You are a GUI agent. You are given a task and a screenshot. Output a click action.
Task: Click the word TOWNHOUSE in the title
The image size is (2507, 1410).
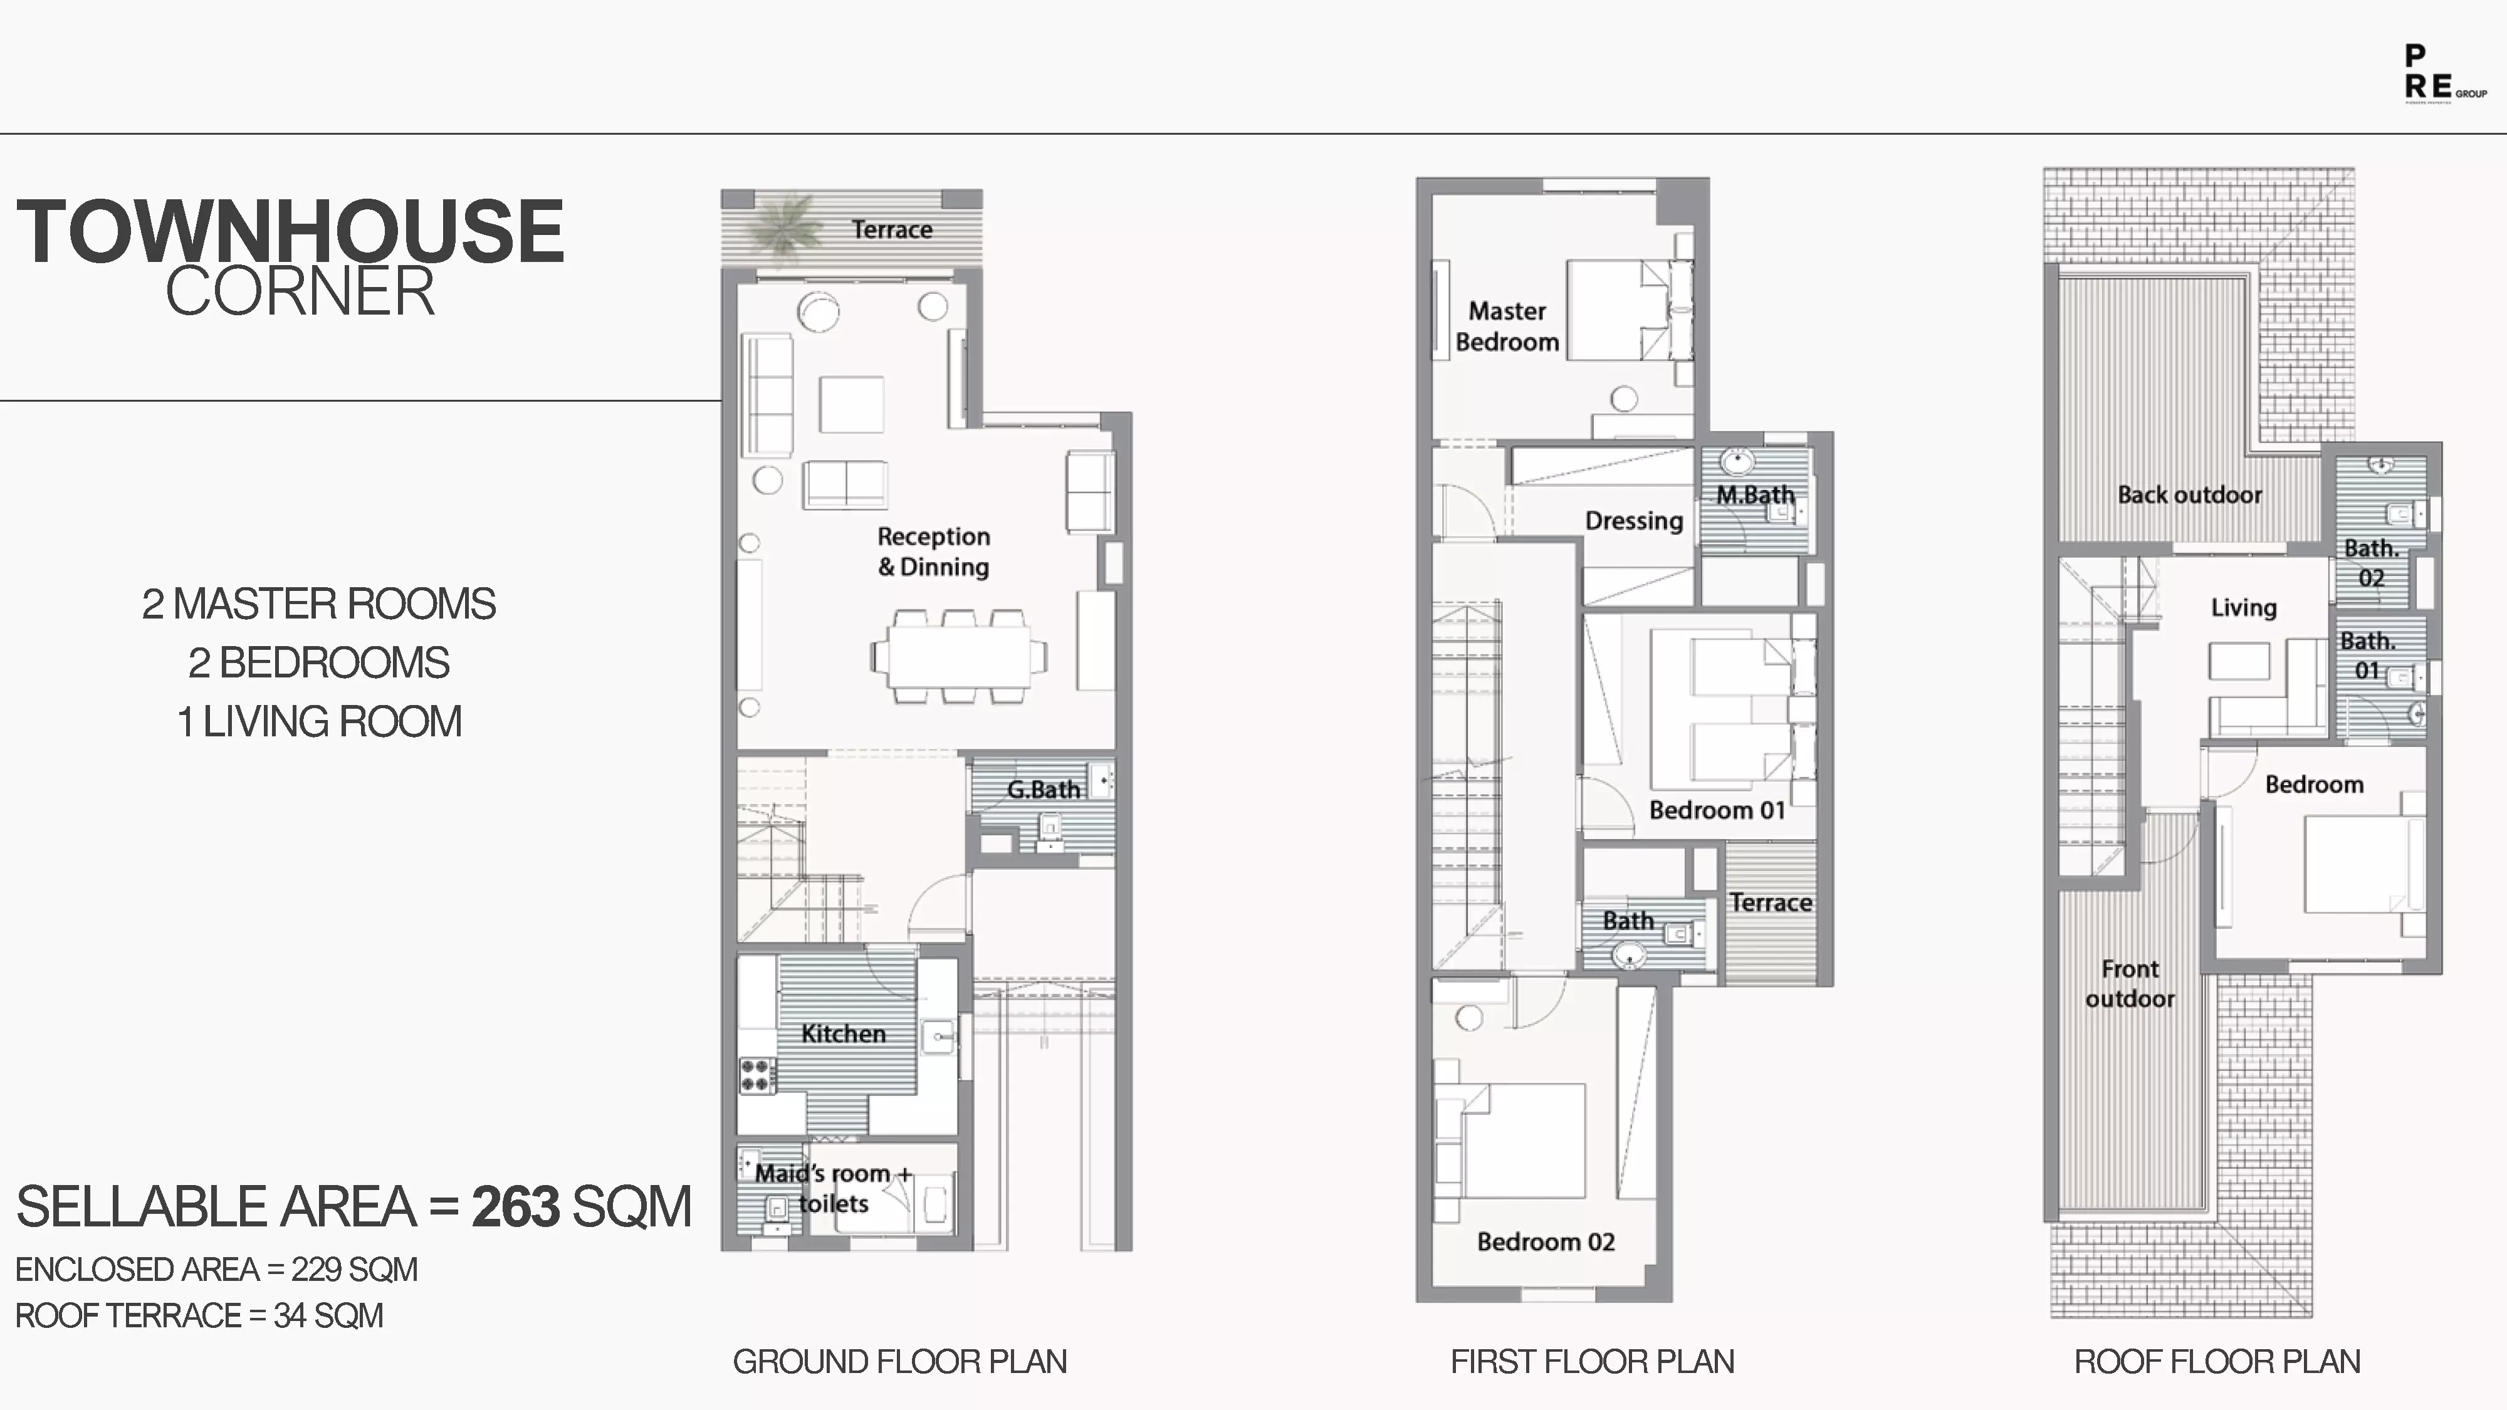(x=290, y=232)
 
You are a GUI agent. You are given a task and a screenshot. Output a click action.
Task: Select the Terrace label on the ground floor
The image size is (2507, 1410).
(x=891, y=229)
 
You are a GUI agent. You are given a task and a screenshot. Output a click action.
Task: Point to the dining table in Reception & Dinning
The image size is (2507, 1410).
(x=959, y=657)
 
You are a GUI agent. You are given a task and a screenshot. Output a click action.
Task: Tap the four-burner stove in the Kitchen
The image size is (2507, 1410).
(x=757, y=1075)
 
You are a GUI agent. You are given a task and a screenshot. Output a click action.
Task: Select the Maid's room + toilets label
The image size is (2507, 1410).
(x=833, y=1188)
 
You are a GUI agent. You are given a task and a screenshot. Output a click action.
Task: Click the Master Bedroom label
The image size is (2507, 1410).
(x=1507, y=327)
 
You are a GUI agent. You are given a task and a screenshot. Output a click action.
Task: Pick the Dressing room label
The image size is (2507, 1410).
(x=1633, y=521)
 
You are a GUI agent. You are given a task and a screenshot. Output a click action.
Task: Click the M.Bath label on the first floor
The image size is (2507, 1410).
(x=1755, y=494)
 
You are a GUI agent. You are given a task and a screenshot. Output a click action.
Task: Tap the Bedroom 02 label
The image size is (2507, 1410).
(x=1546, y=1241)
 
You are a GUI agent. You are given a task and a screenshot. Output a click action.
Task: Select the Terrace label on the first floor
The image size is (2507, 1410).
(x=1771, y=903)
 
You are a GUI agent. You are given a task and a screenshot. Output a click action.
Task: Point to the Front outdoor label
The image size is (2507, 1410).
(x=2130, y=984)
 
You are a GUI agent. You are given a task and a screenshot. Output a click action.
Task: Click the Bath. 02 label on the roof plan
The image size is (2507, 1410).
(x=2371, y=563)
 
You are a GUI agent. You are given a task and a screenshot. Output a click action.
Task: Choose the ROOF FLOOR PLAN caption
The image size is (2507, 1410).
(x=2216, y=1361)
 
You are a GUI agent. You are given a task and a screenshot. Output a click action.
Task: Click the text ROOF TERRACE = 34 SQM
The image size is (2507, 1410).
(x=199, y=1315)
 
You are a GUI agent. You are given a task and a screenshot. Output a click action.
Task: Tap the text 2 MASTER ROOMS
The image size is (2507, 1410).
(x=318, y=604)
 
